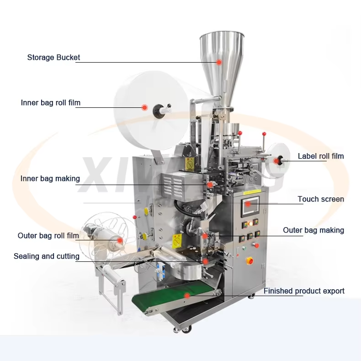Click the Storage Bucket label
[53, 57]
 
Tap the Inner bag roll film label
[51, 103]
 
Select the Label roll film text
[321, 156]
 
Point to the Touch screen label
[321, 199]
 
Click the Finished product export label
[304, 291]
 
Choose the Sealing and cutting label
[47, 256]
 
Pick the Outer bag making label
[313, 230]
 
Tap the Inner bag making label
[50, 179]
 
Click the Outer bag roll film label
[48, 236]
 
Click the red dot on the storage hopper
[219, 62]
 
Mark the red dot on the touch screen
[248, 204]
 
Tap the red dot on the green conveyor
[187, 295]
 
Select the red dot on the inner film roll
[144, 107]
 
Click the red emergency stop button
[250, 261]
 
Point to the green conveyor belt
[175, 297]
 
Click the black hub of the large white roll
[159, 110]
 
